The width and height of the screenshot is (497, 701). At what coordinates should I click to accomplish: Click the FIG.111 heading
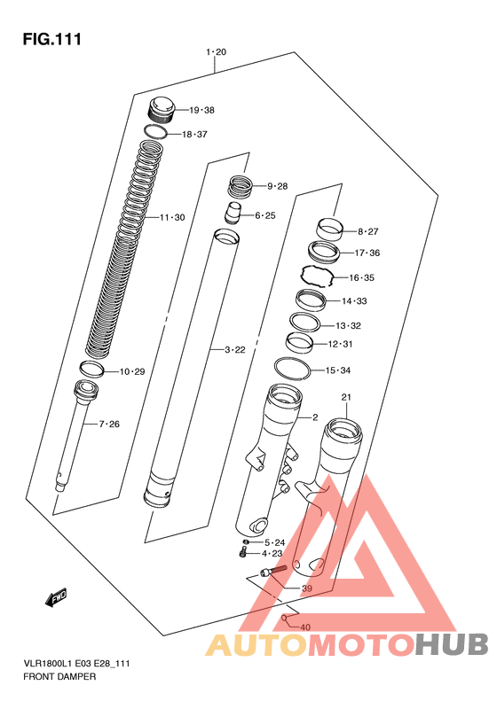click(52, 39)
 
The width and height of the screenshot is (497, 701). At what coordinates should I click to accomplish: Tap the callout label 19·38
click(201, 110)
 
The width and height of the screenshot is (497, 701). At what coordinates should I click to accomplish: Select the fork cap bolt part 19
click(161, 110)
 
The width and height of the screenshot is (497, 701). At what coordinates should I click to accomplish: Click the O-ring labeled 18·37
click(155, 131)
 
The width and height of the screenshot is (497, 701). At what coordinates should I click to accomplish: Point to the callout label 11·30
click(172, 218)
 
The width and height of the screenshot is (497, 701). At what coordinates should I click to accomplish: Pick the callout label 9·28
click(277, 186)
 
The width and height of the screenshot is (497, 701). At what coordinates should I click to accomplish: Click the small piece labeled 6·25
click(233, 214)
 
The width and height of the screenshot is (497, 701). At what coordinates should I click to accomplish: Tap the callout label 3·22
click(235, 349)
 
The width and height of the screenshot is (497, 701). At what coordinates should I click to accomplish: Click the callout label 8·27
click(367, 231)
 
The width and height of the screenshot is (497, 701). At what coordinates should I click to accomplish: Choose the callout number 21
click(346, 397)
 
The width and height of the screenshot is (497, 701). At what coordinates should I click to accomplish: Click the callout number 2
click(315, 417)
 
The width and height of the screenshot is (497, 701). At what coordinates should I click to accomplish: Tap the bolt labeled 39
click(272, 571)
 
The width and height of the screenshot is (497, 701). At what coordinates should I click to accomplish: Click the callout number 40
click(305, 627)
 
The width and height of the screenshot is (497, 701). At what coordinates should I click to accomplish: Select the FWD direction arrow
click(56, 596)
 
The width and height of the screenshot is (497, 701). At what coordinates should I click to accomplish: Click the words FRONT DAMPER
click(59, 676)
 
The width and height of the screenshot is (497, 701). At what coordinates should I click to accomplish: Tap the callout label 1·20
click(217, 52)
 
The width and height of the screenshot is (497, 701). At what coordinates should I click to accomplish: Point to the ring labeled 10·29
click(91, 369)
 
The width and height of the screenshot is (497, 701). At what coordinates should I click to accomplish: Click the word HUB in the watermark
click(452, 644)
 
